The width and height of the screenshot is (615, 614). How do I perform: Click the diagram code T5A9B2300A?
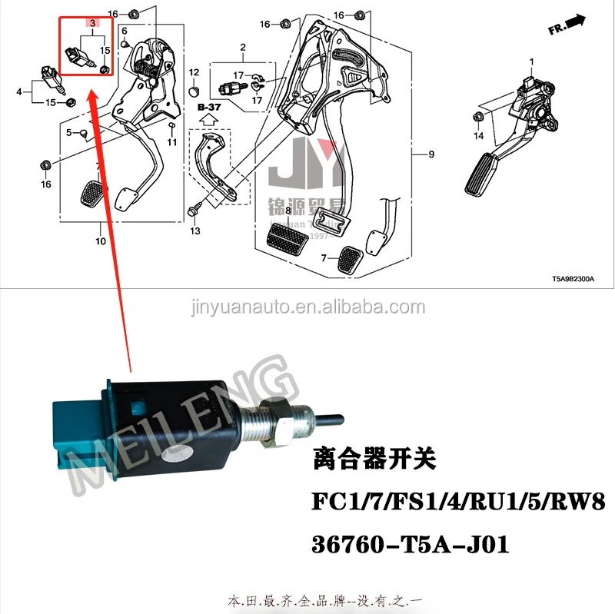[573, 280]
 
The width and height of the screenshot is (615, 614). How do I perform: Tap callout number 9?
[431, 154]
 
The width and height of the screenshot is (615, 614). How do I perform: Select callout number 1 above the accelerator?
[530, 61]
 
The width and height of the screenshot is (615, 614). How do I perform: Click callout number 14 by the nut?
[477, 136]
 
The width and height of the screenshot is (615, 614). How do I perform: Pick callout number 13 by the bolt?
[195, 231]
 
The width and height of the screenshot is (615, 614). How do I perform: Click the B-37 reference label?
[208, 108]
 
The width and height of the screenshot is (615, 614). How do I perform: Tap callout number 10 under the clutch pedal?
[101, 241]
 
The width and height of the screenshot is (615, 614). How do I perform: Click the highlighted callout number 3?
[93, 24]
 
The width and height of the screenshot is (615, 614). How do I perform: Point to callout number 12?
[194, 72]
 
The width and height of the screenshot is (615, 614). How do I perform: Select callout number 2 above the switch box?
[243, 48]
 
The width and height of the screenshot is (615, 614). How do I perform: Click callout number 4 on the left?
[19, 92]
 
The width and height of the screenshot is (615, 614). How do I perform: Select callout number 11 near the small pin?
[172, 142]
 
